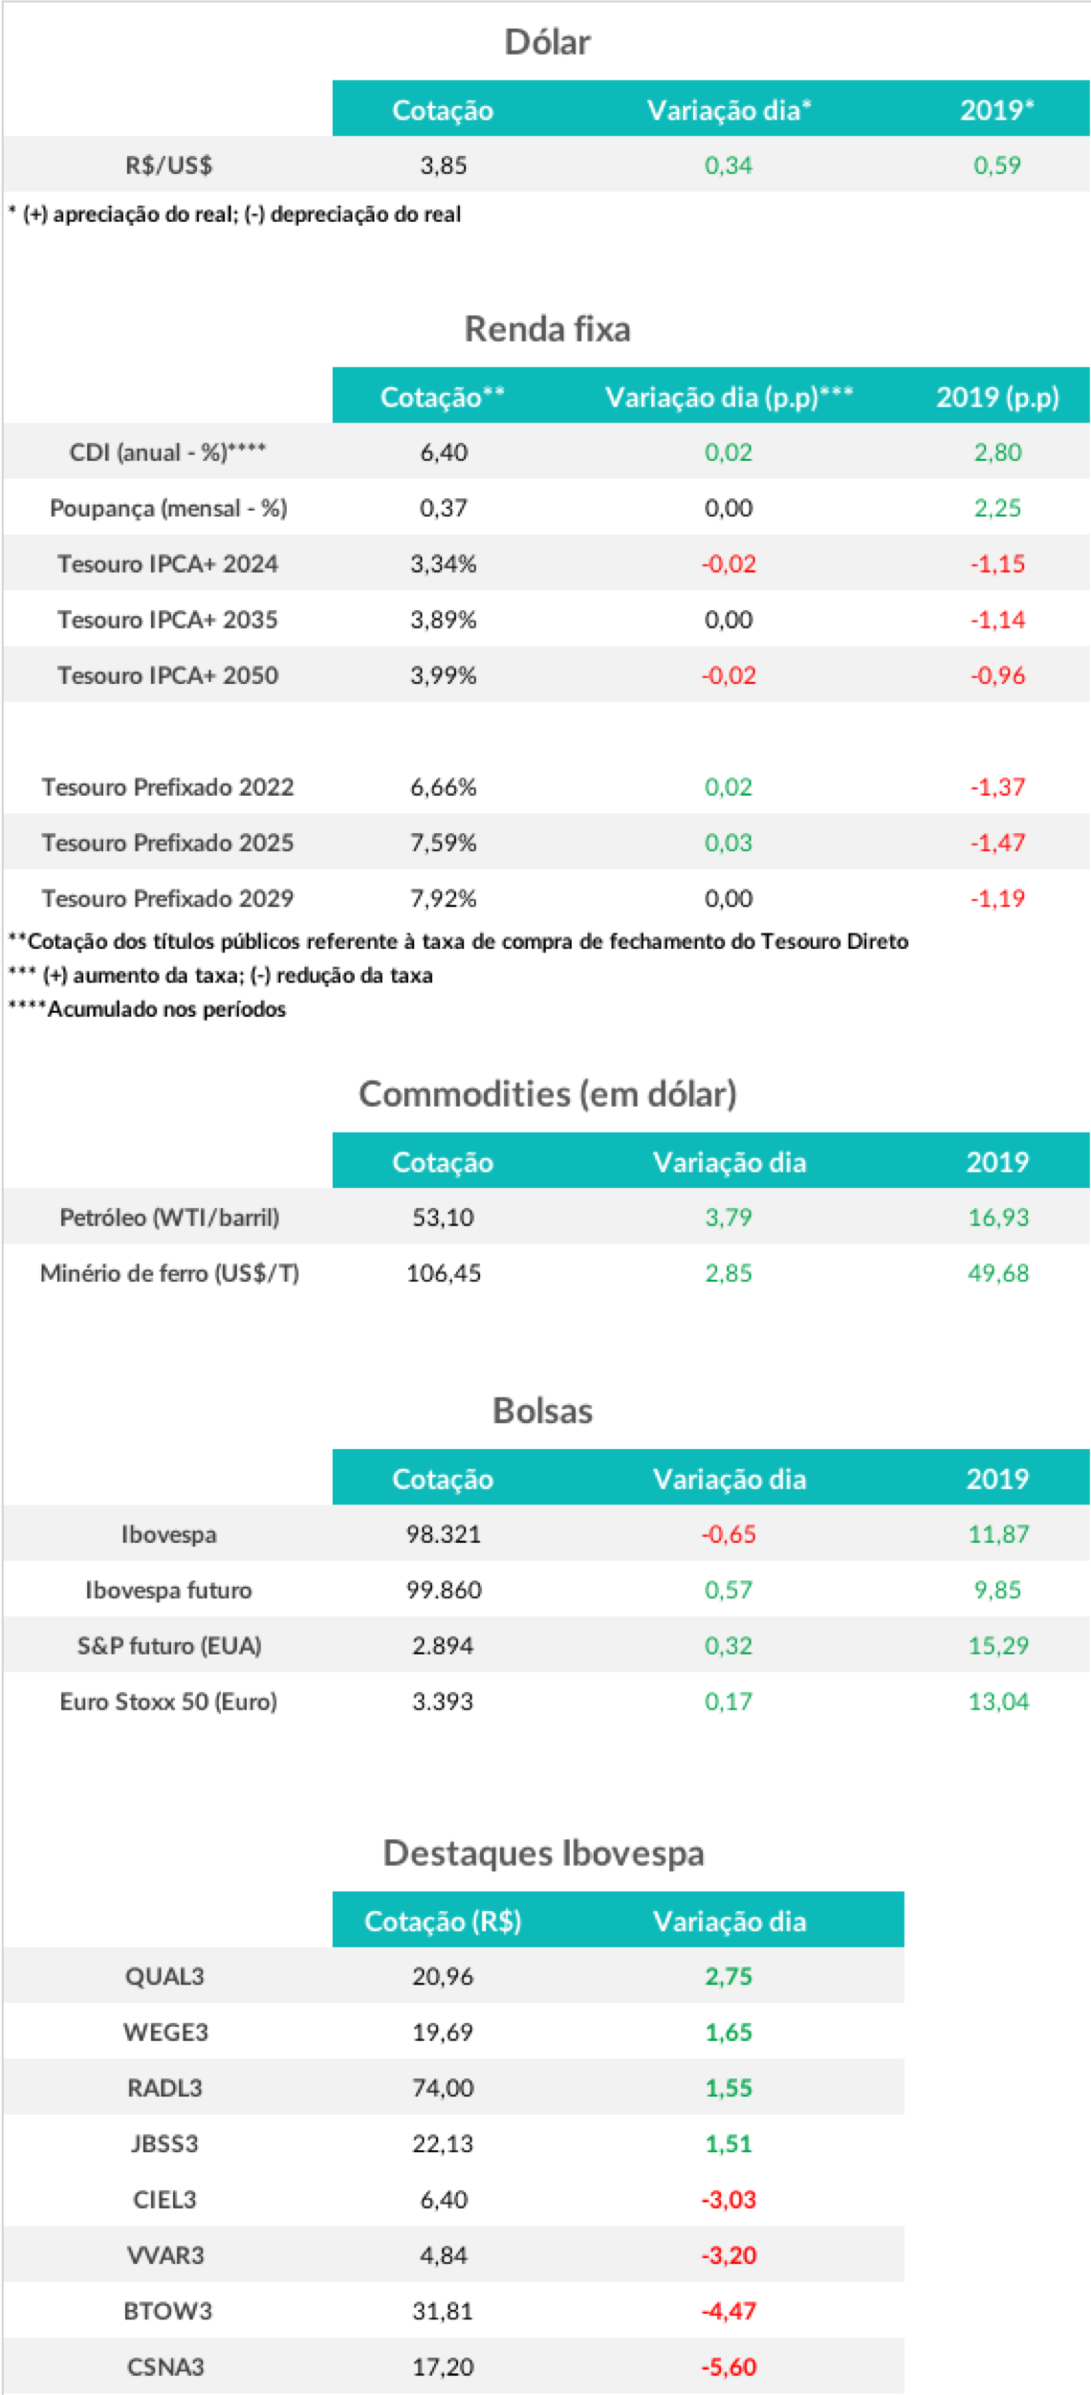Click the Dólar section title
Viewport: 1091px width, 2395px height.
pyautogui.click(x=547, y=42)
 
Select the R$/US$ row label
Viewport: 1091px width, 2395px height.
pyautogui.click(x=168, y=165)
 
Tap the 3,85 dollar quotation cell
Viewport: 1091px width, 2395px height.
pyautogui.click(x=444, y=165)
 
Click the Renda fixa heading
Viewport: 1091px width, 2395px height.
pyautogui.click(x=547, y=329)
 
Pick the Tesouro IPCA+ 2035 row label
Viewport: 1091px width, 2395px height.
pyautogui.click(x=167, y=620)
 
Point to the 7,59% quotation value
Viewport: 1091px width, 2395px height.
pyautogui.click(x=444, y=843)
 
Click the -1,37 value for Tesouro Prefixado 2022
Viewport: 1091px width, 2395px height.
pyautogui.click(x=997, y=787)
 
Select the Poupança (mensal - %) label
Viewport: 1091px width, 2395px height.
pyautogui.click(x=168, y=508)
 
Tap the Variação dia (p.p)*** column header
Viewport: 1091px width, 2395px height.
pyautogui.click(x=729, y=397)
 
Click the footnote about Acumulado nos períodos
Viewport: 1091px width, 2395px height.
pyautogui.click(x=147, y=1009)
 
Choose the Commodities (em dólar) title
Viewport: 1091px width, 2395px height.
pyautogui.click(x=547, y=1093)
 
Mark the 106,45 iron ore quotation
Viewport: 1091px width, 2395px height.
pyautogui.click(x=444, y=1273)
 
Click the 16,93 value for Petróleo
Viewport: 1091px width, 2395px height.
pyautogui.click(x=997, y=1218)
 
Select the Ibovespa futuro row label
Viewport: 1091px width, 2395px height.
pyautogui.click(x=168, y=1590)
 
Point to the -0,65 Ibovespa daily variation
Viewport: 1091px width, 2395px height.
pyautogui.click(x=729, y=1534)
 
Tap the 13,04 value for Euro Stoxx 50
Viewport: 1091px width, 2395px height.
pyautogui.click(x=997, y=1702)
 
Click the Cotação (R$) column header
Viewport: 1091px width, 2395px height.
pyautogui.click(x=443, y=1922)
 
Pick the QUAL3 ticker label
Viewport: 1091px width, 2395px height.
pyautogui.click(x=164, y=1977)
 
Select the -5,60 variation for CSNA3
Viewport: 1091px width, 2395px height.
pyautogui.click(x=729, y=2367)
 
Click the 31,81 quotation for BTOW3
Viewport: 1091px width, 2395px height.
pyautogui.click(x=443, y=2312)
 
